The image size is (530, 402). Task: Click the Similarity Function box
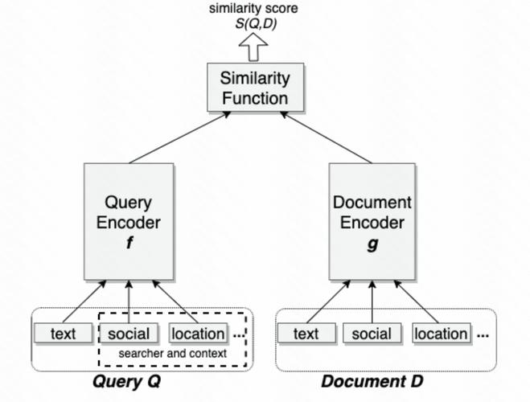(255, 88)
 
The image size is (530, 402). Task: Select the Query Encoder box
(129, 220)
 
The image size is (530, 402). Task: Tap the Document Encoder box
(372, 220)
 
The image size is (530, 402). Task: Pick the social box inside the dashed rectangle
(129, 334)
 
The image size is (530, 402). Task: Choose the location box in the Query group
(198, 334)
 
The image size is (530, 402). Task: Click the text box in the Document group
(306, 334)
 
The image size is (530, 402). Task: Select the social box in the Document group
(372, 334)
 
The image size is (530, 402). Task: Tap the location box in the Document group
(441, 334)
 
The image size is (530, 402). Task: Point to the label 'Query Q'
(127, 381)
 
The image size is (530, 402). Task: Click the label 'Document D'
(372, 381)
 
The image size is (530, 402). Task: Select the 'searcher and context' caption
(172, 354)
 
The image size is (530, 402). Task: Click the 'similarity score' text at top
(255, 9)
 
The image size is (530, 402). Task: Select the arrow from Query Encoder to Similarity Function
(179, 137)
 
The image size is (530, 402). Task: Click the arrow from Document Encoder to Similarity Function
(326, 137)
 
